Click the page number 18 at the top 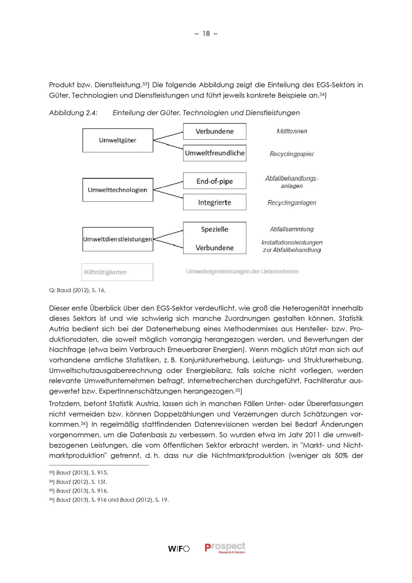point(206,34)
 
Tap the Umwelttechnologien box point(118,190)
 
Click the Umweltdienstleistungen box point(118,239)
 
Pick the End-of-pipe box point(214,181)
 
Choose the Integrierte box point(214,202)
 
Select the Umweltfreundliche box point(214,153)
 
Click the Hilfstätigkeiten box point(117,272)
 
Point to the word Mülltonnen point(292,131)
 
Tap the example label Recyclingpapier point(292,154)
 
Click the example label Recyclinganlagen point(292,203)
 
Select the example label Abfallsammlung point(292,229)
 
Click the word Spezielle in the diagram point(214,229)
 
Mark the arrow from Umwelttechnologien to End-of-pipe point(168,186)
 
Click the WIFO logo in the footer point(179,549)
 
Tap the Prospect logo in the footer point(225,548)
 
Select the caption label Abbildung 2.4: point(73,113)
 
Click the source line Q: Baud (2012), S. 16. point(77,290)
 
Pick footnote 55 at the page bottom point(78,491)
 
